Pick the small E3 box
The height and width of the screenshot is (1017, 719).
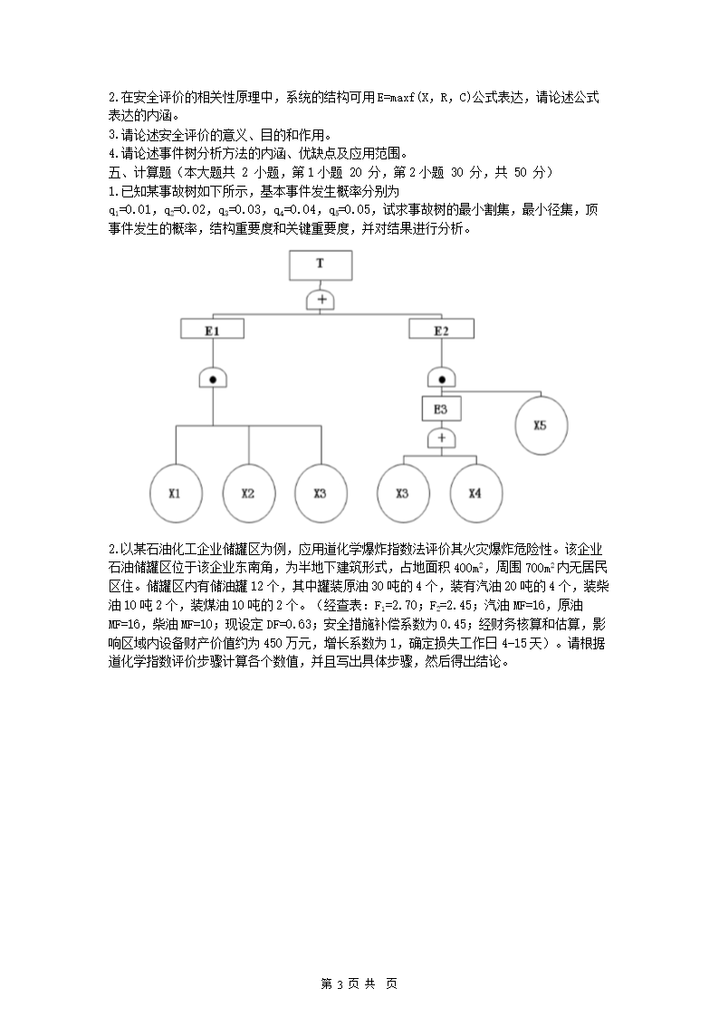[441, 409]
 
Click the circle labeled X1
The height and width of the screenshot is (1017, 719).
[175, 494]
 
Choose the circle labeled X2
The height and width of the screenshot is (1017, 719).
[248, 494]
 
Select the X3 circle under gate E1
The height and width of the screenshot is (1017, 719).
[321, 494]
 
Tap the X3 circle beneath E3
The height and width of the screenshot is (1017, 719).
[403, 494]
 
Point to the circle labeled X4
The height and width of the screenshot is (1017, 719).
[475, 494]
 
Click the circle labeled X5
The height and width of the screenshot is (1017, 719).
[541, 425]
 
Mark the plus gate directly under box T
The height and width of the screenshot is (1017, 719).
[321, 299]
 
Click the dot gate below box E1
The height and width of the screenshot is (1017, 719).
[212, 379]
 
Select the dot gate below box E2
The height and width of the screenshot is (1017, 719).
[441, 379]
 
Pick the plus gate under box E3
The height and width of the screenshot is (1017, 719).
[441, 438]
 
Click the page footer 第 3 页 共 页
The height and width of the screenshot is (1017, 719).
[359, 983]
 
